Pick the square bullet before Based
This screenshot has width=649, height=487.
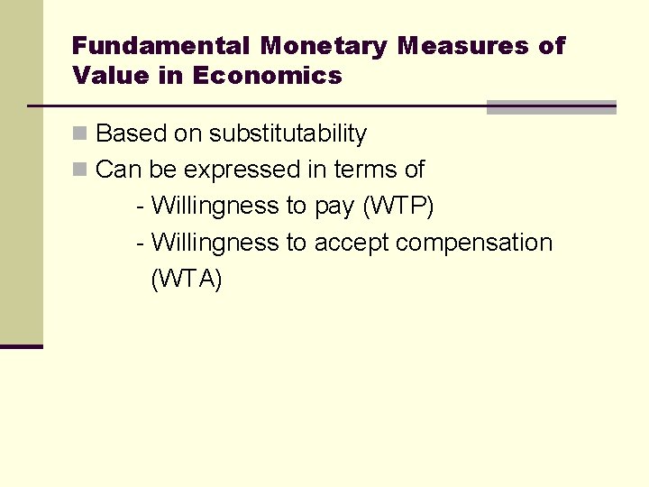pyautogui.click(x=80, y=134)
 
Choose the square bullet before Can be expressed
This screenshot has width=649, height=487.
pyautogui.click(x=80, y=170)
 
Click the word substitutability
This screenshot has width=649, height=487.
pyautogui.click(x=288, y=134)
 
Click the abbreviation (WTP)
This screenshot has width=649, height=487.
pyautogui.click(x=398, y=207)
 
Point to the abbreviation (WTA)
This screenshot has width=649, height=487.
pyautogui.click(x=186, y=280)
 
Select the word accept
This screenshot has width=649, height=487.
pyautogui.click(x=352, y=243)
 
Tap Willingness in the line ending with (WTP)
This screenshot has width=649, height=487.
pyautogui.click(x=215, y=207)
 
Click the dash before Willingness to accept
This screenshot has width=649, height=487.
pyautogui.click(x=140, y=243)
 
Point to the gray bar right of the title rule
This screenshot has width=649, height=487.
pyautogui.click(x=551, y=107)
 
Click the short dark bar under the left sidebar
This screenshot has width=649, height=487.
pyautogui.click(x=22, y=346)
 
